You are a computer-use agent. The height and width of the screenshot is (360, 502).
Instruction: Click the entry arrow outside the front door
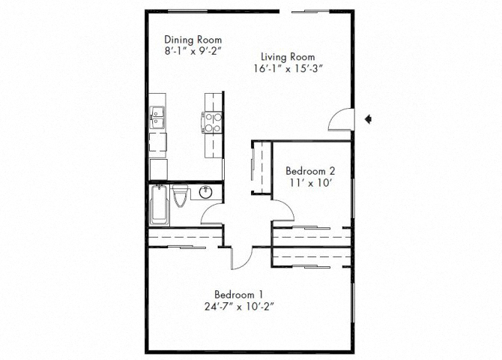click(x=369, y=118)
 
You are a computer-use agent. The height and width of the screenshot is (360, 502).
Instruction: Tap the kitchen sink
click(x=159, y=117)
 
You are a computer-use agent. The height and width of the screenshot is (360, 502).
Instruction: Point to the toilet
click(x=181, y=199)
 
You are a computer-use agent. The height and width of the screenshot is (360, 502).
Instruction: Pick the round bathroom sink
click(x=208, y=193)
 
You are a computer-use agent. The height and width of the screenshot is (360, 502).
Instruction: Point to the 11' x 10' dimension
click(x=309, y=182)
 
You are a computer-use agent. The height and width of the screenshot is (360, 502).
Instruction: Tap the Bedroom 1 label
click(x=238, y=293)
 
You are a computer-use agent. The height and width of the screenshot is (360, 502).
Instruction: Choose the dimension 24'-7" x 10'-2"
click(x=238, y=305)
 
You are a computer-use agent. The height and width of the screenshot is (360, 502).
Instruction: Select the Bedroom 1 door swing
click(x=241, y=259)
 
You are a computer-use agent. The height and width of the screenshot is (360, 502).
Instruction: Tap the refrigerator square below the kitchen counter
click(x=160, y=169)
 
